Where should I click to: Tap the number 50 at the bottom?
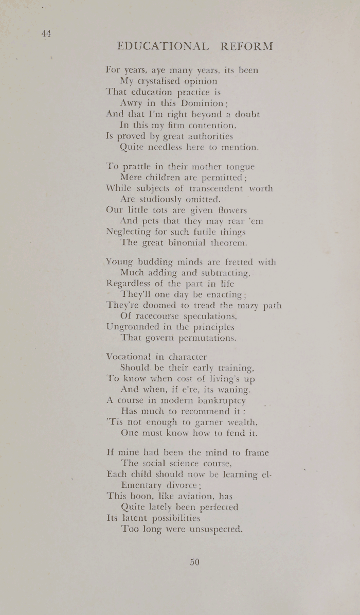(x=193, y=562)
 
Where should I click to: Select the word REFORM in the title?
(x=246, y=46)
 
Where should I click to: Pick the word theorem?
(x=230, y=243)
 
